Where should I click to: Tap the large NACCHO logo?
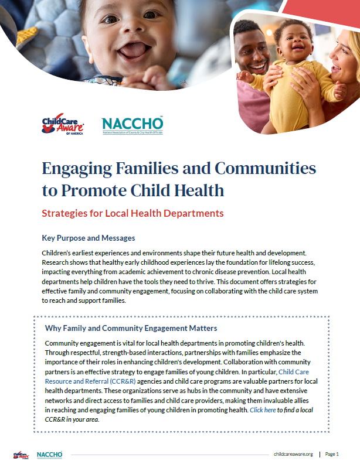tap(133, 125)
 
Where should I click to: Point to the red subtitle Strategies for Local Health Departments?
tap(133, 213)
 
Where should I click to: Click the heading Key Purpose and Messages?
tap(89, 238)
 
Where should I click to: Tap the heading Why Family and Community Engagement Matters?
tap(131, 328)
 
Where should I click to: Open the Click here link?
tap(263, 410)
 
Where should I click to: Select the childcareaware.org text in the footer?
tap(293, 454)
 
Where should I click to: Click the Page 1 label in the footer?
tap(332, 454)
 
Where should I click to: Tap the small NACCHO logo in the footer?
tap(49, 454)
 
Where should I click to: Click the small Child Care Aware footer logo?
tap(21, 454)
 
